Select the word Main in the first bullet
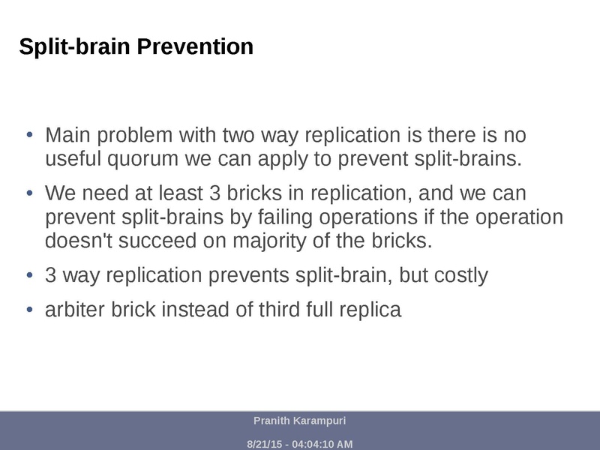tap(66, 136)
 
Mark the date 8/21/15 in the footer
tap(264, 444)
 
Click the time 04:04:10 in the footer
tap(313, 444)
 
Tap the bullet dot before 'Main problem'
tap(30, 136)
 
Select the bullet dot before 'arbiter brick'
tap(30, 309)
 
